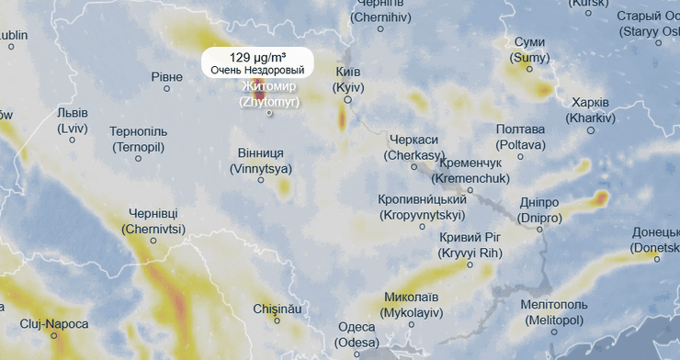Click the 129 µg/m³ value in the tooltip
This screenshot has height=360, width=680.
257,57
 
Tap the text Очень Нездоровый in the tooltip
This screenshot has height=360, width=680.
257,70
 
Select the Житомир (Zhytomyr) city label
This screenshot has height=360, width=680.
269,94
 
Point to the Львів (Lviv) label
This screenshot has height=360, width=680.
72,120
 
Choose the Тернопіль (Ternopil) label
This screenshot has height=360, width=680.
138,139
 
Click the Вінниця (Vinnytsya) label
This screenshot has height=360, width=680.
260,161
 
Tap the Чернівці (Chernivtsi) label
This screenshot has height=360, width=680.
153,220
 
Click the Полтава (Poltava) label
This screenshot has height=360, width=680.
520,137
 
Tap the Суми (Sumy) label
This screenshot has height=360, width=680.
530,50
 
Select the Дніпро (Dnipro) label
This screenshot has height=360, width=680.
538,209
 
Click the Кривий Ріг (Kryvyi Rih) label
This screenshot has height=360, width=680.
469,245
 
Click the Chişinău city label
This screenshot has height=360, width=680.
277,309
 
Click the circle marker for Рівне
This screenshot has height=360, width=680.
166,88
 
